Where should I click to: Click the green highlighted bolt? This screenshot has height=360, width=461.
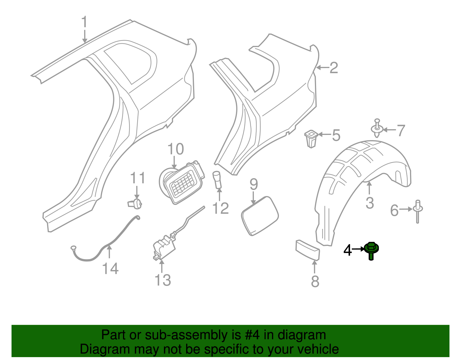click(x=371, y=250)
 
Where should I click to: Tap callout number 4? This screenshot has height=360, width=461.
click(x=348, y=250)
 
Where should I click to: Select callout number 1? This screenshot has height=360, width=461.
click(x=84, y=22)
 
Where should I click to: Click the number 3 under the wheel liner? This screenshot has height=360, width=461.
click(x=370, y=203)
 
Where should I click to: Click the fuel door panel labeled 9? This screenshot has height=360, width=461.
click(x=260, y=216)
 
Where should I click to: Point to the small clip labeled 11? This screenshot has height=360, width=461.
click(x=135, y=203)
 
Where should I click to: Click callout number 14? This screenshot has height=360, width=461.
click(x=110, y=269)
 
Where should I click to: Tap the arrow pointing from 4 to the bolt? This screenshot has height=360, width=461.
click(x=358, y=249)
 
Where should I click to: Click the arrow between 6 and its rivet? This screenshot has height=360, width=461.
click(x=406, y=209)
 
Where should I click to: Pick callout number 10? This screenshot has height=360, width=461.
click(x=175, y=149)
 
